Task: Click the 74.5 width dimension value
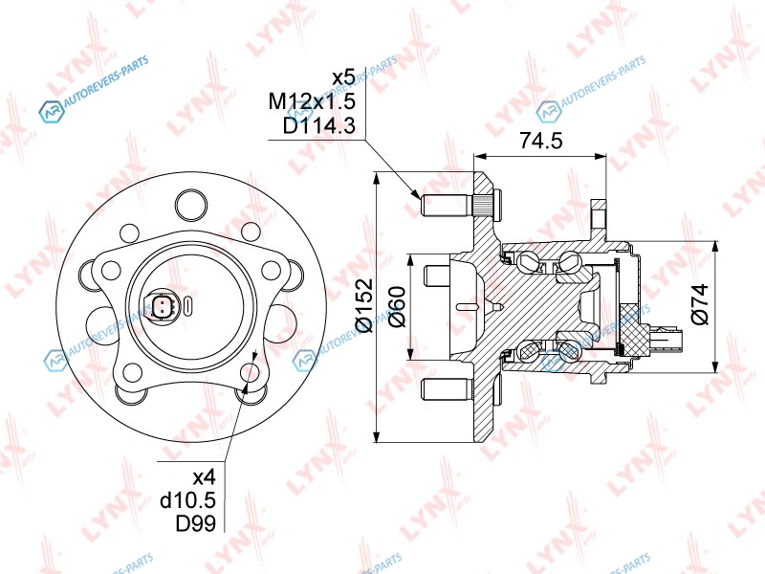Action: tap(540, 140)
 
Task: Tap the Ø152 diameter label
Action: tap(365, 305)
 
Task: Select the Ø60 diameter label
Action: tap(398, 307)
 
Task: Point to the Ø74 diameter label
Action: tap(700, 304)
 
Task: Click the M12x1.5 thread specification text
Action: tap(313, 101)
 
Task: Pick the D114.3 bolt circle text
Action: tap(319, 126)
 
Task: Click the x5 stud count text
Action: tap(343, 77)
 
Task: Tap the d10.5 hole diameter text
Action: tap(187, 499)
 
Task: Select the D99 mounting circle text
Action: tap(195, 523)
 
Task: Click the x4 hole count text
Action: tap(204, 475)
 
